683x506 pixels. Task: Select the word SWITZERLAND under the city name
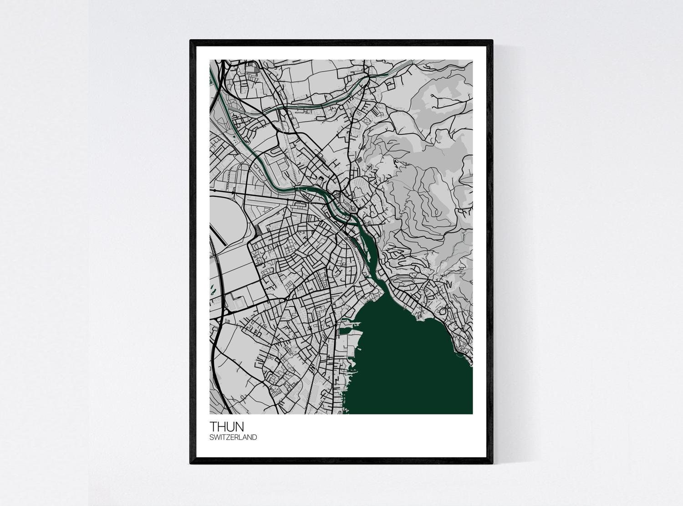[233, 437]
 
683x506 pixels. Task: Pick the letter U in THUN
[239, 426]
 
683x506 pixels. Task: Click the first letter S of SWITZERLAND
[212, 437]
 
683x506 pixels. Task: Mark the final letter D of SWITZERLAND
[255, 437]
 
